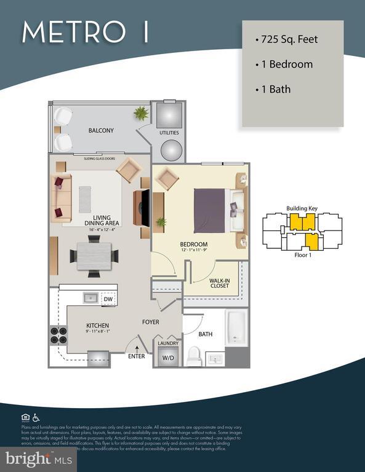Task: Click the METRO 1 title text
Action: (85, 32)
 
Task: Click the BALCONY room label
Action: (101, 130)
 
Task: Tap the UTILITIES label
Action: (169, 133)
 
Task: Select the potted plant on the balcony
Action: (142, 114)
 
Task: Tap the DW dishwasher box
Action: (108, 299)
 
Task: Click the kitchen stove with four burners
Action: (58, 334)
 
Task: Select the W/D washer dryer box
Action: (167, 357)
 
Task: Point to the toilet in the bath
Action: (195, 355)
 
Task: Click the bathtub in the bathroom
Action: (236, 327)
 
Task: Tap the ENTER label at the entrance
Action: (137, 356)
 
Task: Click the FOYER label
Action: (151, 321)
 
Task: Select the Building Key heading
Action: (302, 208)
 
